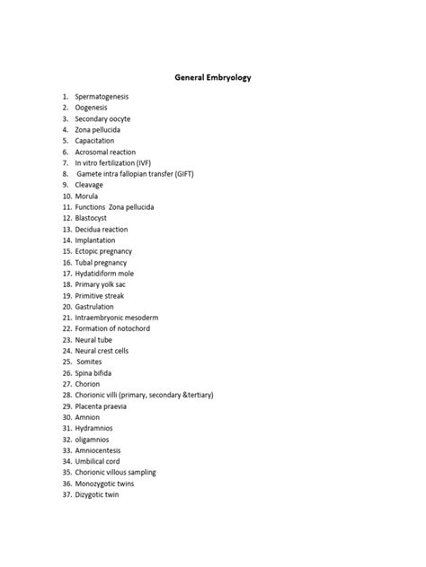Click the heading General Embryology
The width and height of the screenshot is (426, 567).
coord(213,78)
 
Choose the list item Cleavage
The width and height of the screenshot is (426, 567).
coord(89,185)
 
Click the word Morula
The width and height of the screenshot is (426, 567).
coord(87,196)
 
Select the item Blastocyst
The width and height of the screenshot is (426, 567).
coord(93,218)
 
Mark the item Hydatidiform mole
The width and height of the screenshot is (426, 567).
coord(104,274)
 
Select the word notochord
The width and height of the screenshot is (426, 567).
coord(132,328)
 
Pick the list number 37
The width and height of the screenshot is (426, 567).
coord(67,494)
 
